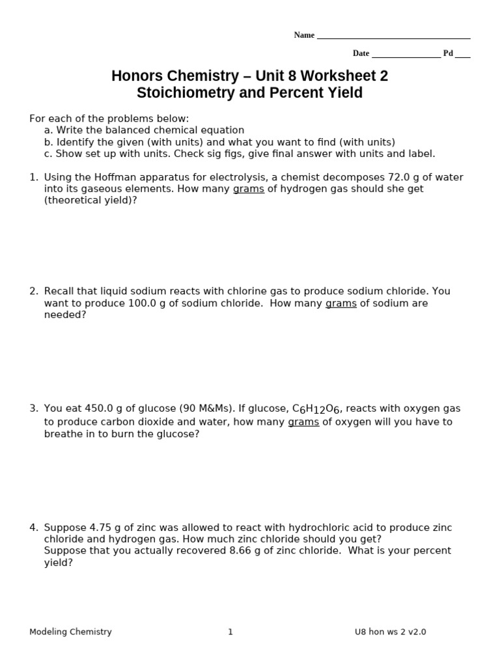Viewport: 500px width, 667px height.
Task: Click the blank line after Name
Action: [393, 36]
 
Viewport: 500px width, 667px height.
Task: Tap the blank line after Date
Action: [406, 55]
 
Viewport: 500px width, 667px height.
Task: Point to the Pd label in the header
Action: [448, 53]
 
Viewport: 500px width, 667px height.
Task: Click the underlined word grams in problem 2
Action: [340, 304]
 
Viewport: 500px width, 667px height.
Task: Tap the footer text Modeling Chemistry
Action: [70, 632]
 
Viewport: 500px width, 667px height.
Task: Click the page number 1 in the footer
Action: [230, 632]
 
